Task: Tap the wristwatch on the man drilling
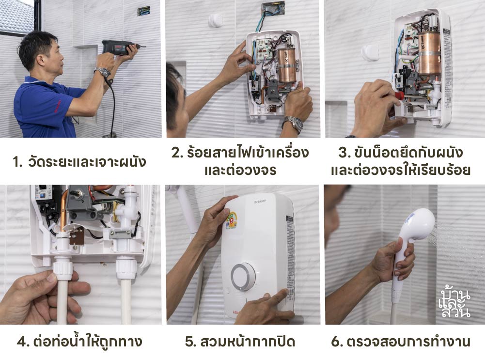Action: coord(102,72)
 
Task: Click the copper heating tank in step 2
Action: coord(286,65)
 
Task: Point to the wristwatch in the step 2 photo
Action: coord(293,124)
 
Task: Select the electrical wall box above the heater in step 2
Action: coord(273,10)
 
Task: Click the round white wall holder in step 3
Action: coord(371,52)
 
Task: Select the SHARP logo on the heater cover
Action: coord(254,199)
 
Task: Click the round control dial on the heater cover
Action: coord(243,277)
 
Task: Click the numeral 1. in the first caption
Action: coord(18,161)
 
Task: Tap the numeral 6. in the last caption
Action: coord(337,342)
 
